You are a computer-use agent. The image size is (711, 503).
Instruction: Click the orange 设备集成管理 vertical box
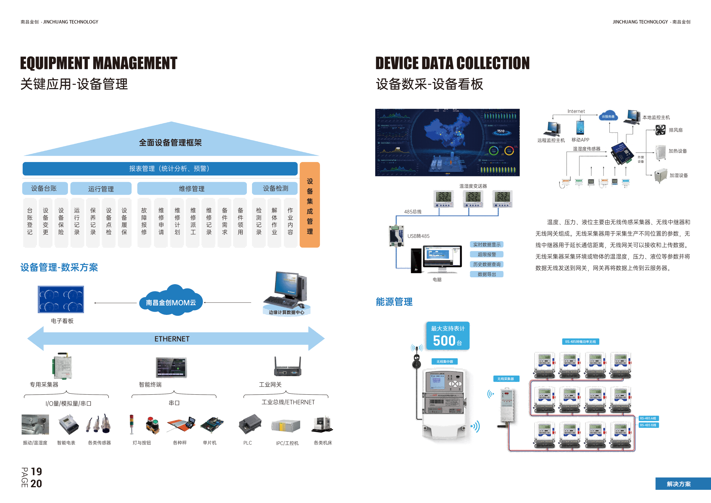click(310, 205)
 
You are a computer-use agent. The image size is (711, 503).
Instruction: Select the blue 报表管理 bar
click(160, 169)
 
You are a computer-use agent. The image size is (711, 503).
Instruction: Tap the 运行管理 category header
click(101, 189)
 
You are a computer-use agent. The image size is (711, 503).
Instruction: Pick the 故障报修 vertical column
click(144, 222)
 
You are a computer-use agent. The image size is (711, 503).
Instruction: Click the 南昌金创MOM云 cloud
click(171, 302)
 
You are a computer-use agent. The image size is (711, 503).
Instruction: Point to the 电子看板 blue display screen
click(61, 299)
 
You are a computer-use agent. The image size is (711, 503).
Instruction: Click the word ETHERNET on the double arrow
click(172, 339)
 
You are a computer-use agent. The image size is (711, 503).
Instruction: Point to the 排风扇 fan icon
click(660, 130)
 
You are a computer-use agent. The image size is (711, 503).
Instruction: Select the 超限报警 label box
click(487, 254)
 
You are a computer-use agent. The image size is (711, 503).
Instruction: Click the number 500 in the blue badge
click(444, 341)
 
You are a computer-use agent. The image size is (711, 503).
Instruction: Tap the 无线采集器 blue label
click(505, 379)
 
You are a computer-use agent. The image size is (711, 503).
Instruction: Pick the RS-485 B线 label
click(648, 425)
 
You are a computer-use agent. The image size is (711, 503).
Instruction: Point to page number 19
click(36, 471)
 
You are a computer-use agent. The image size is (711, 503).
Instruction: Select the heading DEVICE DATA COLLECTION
click(452, 63)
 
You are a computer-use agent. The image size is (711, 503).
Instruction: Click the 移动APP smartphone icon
click(580, 128)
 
